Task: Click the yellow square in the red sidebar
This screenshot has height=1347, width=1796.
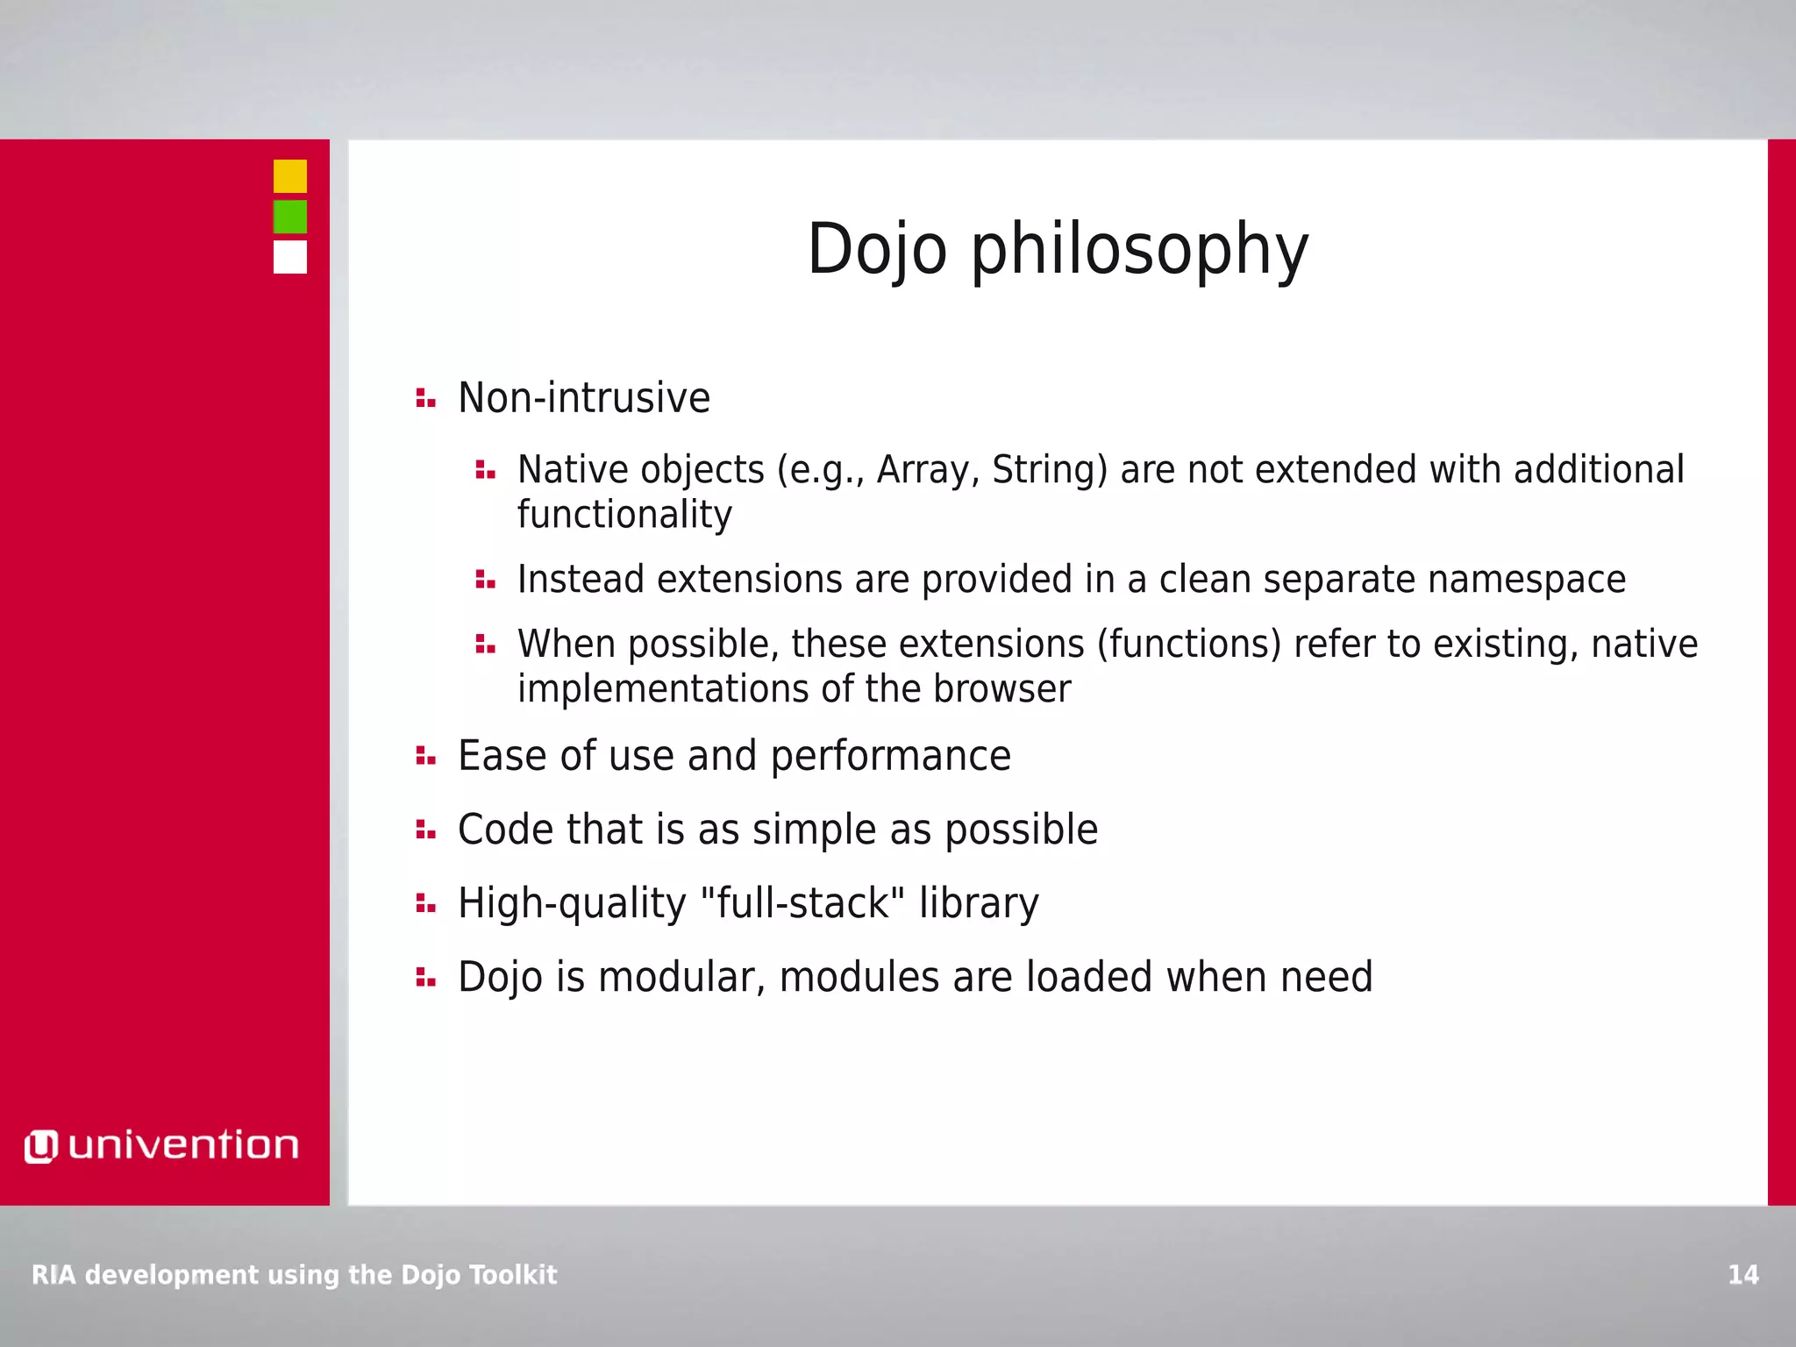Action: (289, 176)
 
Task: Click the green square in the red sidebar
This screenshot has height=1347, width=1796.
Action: (289, 217)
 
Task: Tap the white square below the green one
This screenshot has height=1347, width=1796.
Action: (289, 257)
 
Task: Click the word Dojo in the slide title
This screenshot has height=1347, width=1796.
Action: (876, 250)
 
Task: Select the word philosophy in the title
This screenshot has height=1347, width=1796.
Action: (1139, 250)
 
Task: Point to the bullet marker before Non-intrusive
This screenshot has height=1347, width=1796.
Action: (425, 398)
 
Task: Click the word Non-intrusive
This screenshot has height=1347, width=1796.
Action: (584, 398)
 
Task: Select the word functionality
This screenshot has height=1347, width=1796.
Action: (624, 515)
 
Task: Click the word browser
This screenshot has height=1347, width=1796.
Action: (1001, 689)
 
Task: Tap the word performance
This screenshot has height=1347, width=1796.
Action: (890, 756)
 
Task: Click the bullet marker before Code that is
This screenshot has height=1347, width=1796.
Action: (425, 830)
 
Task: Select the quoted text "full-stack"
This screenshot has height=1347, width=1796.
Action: (803, 903)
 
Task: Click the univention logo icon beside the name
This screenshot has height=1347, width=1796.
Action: (40, 1146)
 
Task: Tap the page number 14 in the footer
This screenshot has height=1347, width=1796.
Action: (1743, 1274)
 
